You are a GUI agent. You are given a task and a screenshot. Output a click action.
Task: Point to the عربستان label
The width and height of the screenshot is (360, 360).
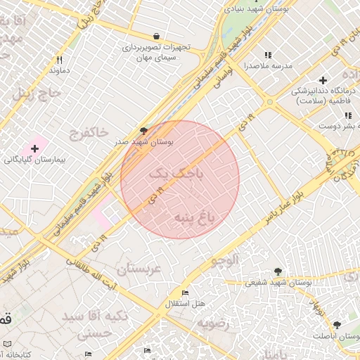[x=139, y=269]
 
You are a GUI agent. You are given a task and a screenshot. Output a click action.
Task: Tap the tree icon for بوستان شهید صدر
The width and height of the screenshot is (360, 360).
[x=144, y=131]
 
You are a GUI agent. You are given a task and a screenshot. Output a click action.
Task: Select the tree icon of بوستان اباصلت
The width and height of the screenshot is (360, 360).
[x=337, y=325]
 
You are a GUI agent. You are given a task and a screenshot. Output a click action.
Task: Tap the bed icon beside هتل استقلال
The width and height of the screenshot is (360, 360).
[x=185, y=293]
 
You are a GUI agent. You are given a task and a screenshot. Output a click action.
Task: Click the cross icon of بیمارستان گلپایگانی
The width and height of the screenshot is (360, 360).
[x=34, y=149]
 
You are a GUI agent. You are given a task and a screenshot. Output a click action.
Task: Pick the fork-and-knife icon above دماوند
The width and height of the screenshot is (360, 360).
[x=59, y=60]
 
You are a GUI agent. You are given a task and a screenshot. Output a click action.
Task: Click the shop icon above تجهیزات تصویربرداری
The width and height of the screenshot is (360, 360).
[x=156, y=37]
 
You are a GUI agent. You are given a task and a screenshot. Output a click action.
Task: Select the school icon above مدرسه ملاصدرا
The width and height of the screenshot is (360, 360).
[x=267, y=55]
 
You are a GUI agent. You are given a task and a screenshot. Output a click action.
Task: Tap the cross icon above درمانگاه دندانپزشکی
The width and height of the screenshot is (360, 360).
[x=323, y=81]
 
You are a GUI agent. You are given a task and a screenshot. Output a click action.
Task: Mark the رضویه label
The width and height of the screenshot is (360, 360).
[x=213, y=323]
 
